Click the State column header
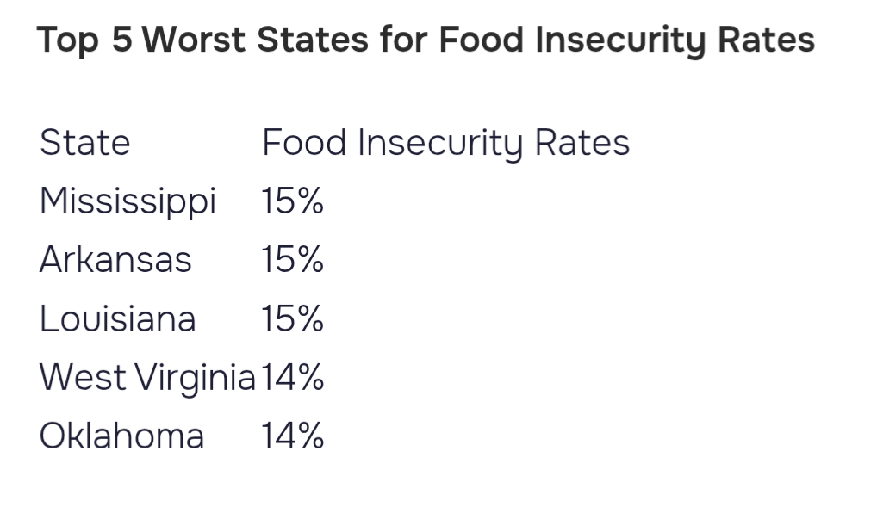[x=85, y=143]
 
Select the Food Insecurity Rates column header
[x=445, y=144]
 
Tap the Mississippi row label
[x=128, y=201]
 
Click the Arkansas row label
[x=115, y=259]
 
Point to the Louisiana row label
[x=117, y=318]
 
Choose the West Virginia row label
[x=147, y=378]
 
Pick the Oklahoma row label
[x=121, y=436]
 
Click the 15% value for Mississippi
[x=293, y=201]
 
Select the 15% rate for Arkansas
[x=293, y=259]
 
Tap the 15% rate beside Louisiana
[x=293, y=318]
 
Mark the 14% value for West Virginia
[x=293, y=377]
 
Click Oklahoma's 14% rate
[x=293, y=436]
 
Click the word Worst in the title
[x=194, y=39]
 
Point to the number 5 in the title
[x=122, y=39]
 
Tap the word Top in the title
[x=68, y=40]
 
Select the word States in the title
[x=313, y=39]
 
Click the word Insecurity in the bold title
[x=620, y=40]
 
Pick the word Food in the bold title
[x=481, y=39]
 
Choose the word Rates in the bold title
[x=766, y=39]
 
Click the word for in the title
[x=404, y=39]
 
